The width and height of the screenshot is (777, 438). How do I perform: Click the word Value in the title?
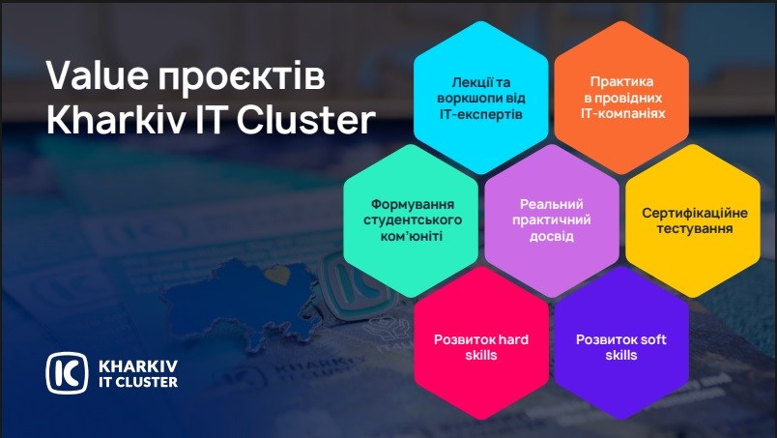pos(98,75)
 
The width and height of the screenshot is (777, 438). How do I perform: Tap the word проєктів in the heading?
pos(242,78)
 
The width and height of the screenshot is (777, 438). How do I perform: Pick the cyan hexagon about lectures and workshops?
pos(481,98)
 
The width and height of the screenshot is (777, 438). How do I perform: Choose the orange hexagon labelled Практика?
pos(622,98)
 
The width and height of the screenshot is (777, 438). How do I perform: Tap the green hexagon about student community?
pos(411,220)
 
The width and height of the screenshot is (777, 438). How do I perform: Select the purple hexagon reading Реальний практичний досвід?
pos(552,220)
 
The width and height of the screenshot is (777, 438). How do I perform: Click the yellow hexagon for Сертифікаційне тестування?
pos(693,220)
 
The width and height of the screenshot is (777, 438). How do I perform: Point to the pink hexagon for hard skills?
pos(481,343)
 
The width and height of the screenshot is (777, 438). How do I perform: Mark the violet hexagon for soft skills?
pos(622,343)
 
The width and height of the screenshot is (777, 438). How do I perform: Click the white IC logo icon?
pos(67,373)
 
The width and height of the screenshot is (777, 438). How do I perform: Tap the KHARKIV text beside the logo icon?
pos(138,366)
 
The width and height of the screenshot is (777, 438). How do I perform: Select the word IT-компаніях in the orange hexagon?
pos(623,113)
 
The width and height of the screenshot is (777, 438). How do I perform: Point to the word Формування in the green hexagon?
pos(413,204)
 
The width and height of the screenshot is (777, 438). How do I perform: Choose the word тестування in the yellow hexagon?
pos(694,229)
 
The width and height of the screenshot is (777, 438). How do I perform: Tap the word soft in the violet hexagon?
pos(654,339)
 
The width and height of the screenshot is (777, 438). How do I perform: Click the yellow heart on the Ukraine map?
pos(276,275)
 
